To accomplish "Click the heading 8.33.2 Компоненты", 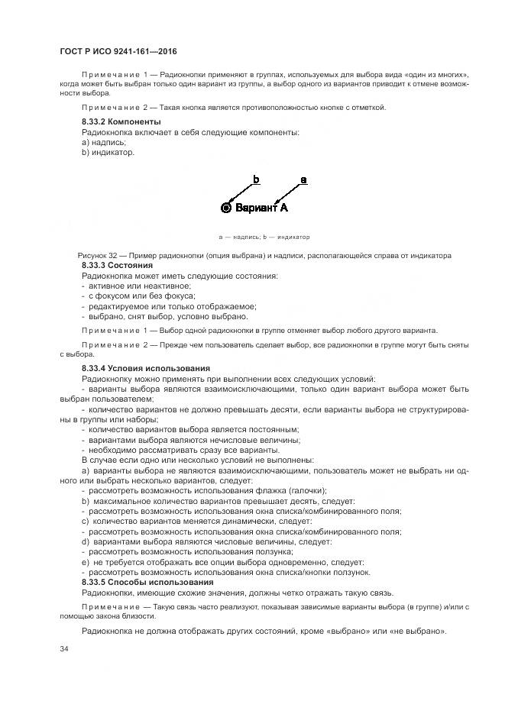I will click(x=121, y=122).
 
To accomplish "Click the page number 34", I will click(x=63, y=649).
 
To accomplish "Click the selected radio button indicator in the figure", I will click(x=225, y=207).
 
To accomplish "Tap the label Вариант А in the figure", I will click(x=261, y=207).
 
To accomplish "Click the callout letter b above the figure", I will click(x=256, y=180).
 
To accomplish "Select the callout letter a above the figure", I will click(x=303, y=180).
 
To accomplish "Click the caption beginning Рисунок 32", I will click(x=264, y=255).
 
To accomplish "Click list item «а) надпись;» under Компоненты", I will click(x=104, y=143).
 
